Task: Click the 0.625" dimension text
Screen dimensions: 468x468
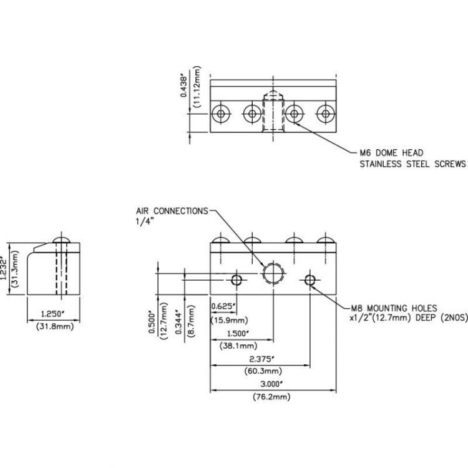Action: click(223, 306)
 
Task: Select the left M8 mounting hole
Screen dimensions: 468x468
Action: click(236, 279)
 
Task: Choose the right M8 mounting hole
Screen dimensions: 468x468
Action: click(310, 279)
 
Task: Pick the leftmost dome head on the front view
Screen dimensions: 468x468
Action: click(220, 241)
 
